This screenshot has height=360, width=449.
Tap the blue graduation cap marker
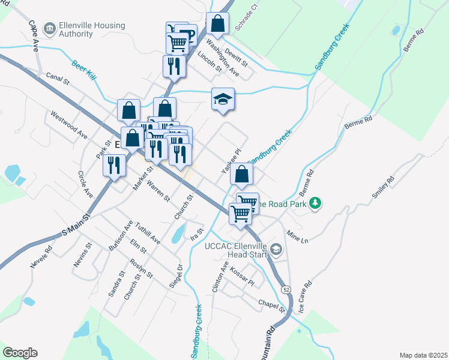[x=223, y=100]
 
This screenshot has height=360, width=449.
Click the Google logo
[x=20, y=353]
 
